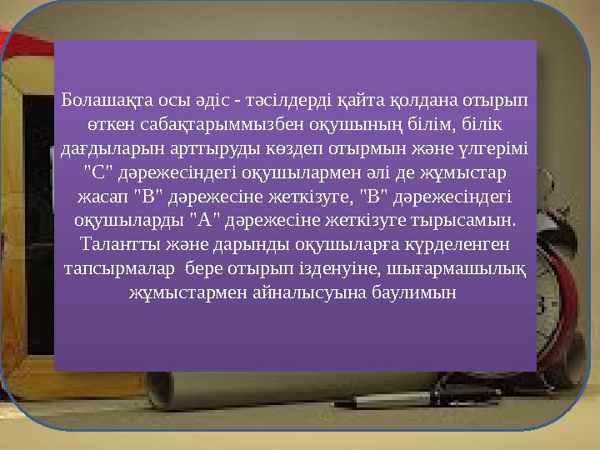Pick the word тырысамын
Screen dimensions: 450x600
[473, 221]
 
